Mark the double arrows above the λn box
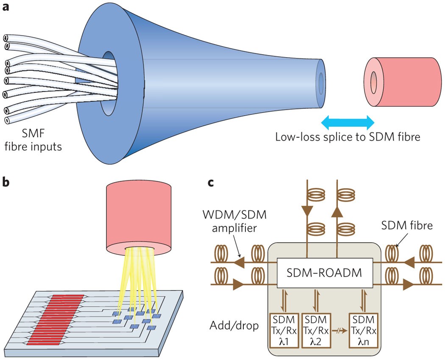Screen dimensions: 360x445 tap(362, 302)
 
